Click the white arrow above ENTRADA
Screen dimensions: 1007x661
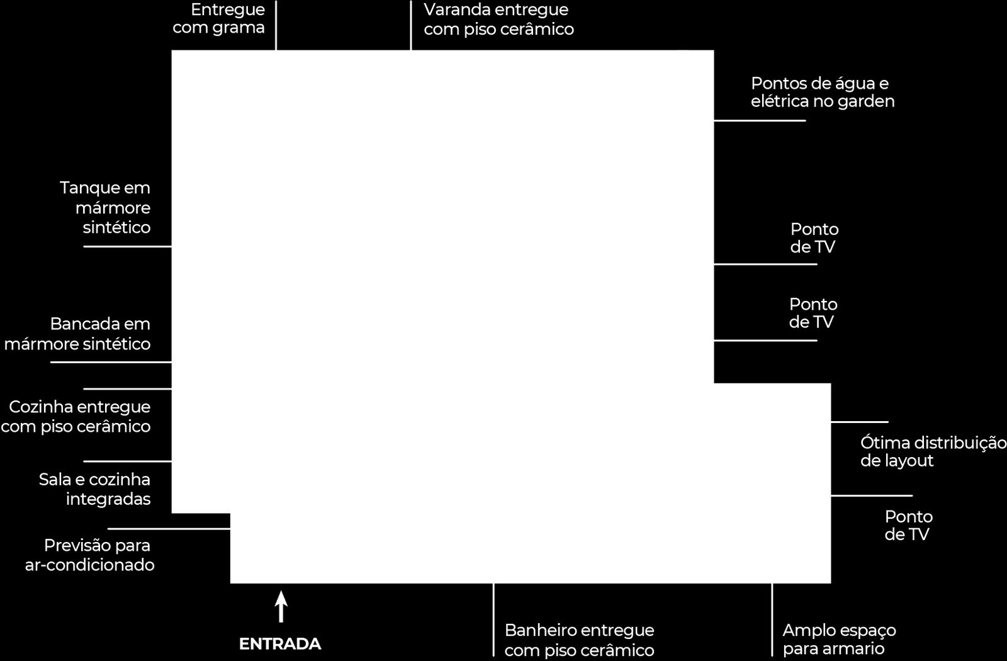pos(281,607)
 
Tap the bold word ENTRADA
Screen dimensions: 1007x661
pos(280,644)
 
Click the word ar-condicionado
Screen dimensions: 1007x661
pos(90,565)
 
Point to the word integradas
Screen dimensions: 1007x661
pos(108,500)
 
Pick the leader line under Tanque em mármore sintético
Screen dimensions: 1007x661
pos(128,246)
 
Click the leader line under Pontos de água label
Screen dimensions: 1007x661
pos(760,120)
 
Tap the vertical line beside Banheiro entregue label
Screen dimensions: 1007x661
pos(493,620)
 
